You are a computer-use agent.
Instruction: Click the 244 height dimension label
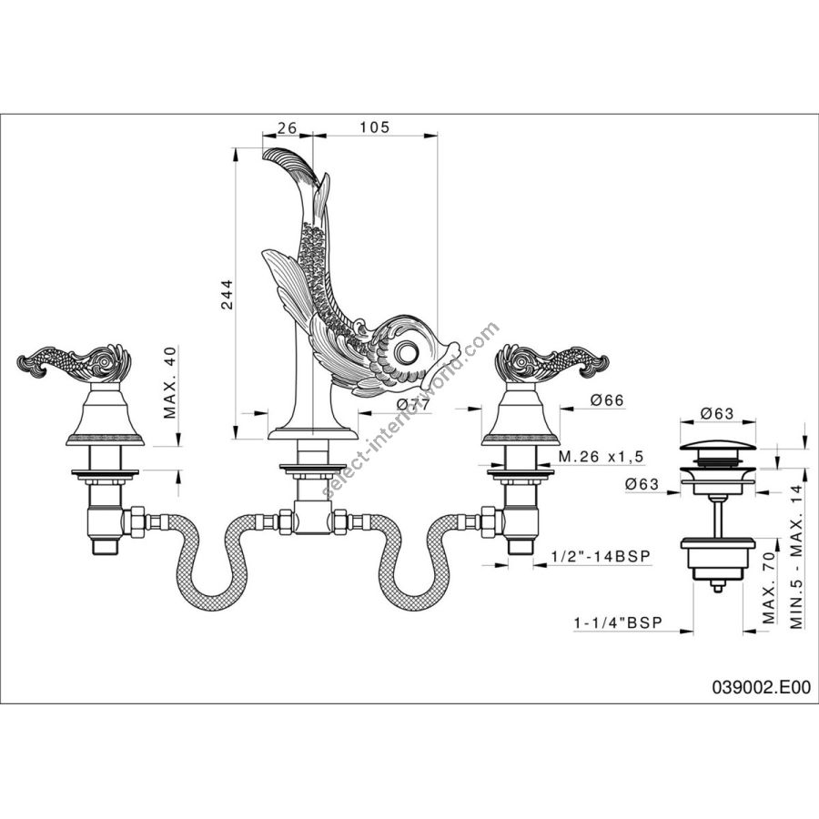tap(227, 295)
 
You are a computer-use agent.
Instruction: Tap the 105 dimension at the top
tap(374, 126)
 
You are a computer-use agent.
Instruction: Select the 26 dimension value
tap(287, 127)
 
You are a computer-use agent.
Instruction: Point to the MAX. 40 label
tap(170, 382)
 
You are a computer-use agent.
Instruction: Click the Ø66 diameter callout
tap(607, 400)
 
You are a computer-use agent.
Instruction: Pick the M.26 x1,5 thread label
tap(601, 456)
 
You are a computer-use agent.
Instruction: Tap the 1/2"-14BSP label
tap(602, 556)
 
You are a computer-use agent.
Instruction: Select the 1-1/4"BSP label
tap(618, 622)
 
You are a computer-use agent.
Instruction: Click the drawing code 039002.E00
tap(761, 687)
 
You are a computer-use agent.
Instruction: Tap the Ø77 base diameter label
tap(412, 404)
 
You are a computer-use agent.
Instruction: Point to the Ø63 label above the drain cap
tap(717, 414)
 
